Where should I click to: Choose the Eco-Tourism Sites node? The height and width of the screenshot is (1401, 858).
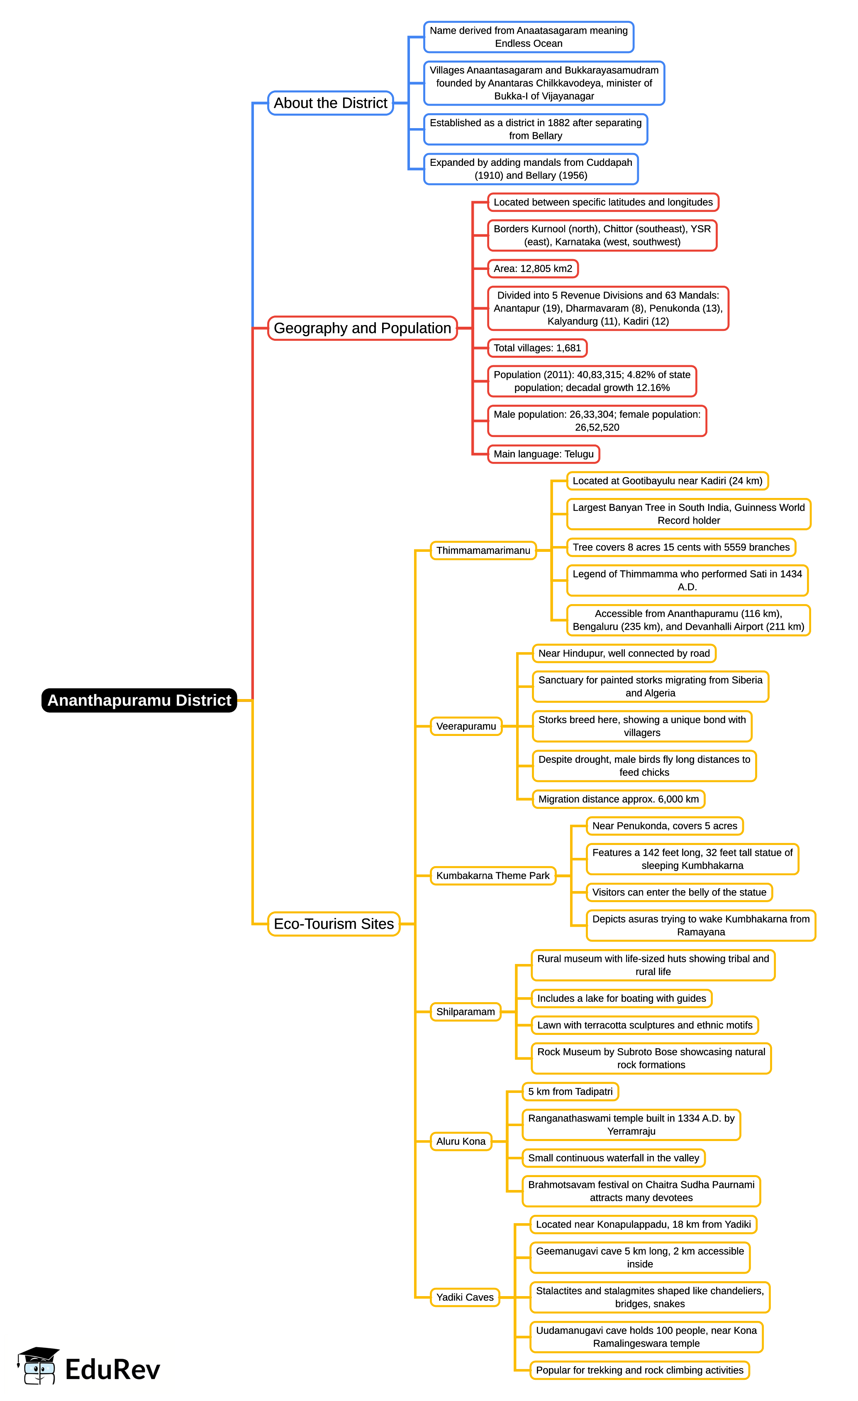[x=334, y=924]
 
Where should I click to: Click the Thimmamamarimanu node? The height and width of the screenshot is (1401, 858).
[x=483, y=550]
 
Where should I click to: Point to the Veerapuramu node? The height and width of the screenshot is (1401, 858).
[x=466, y=726]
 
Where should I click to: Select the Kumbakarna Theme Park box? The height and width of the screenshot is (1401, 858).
[x=493, y=876]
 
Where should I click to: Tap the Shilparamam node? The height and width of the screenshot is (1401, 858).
[x=466, y=1012]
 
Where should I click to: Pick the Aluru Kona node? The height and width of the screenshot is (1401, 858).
[x=461, y=1141]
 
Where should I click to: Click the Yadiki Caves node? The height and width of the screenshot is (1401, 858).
[x=465, y=1297]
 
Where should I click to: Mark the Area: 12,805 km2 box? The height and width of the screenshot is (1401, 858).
[x=533, y=268]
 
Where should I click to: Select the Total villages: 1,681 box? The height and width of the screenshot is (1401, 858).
[x=537, y=348]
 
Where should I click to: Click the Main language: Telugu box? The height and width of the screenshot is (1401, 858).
[x=544, y=454]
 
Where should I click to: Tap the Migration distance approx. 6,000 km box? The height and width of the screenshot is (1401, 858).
[x=619, y=799]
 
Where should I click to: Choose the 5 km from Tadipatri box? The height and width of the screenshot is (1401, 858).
[x=570, y=1091]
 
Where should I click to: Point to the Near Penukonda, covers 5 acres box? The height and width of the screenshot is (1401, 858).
[x=665, y=826]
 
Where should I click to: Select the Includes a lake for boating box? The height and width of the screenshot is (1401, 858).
[x=622, y=998]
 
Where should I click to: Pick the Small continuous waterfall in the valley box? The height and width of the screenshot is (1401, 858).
[x=613, y=1158]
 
